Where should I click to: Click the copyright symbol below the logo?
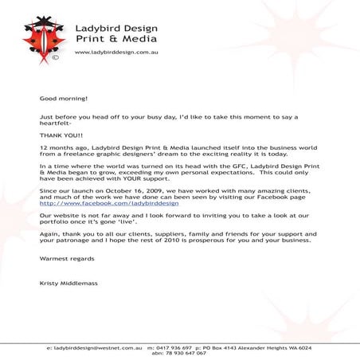(54, 57)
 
